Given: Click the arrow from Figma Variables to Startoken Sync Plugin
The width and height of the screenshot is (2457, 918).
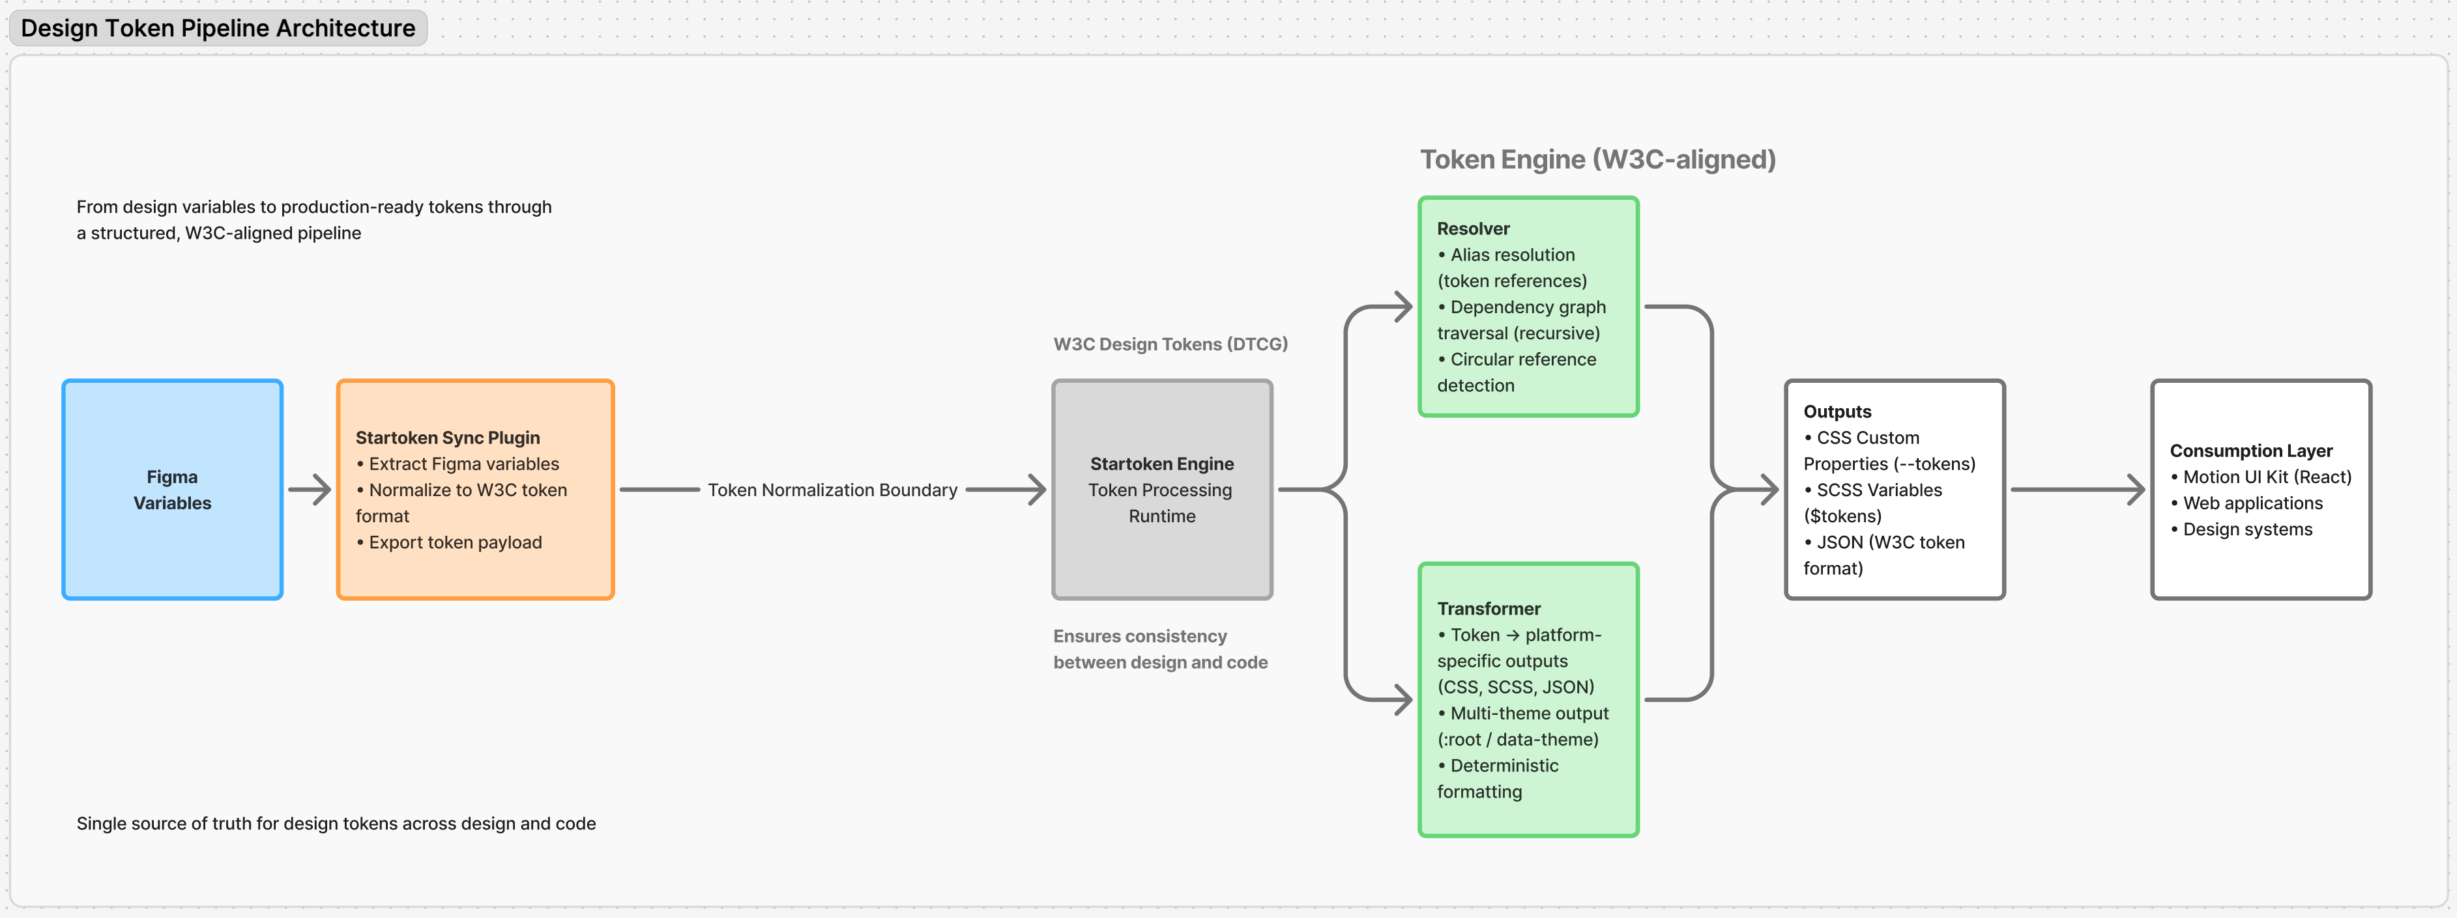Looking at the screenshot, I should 310,490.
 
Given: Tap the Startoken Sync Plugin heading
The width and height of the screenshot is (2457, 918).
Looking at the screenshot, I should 447,438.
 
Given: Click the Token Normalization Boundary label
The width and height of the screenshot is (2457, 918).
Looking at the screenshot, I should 832,490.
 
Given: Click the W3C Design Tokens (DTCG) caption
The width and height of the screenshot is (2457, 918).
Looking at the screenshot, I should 1170,344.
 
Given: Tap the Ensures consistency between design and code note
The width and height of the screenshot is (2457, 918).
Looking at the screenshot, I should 1160,649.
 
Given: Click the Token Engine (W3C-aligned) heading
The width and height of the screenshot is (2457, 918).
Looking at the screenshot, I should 1597,160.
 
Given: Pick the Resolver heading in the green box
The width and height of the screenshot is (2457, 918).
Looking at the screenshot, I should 1473,229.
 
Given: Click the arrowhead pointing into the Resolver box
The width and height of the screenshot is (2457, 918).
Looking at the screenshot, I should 1402,307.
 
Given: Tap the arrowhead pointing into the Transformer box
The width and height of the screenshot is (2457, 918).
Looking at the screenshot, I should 1402,700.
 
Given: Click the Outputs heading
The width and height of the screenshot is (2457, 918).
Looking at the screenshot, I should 1837,412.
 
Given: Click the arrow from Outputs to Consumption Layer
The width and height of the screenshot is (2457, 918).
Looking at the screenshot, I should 2078,490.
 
